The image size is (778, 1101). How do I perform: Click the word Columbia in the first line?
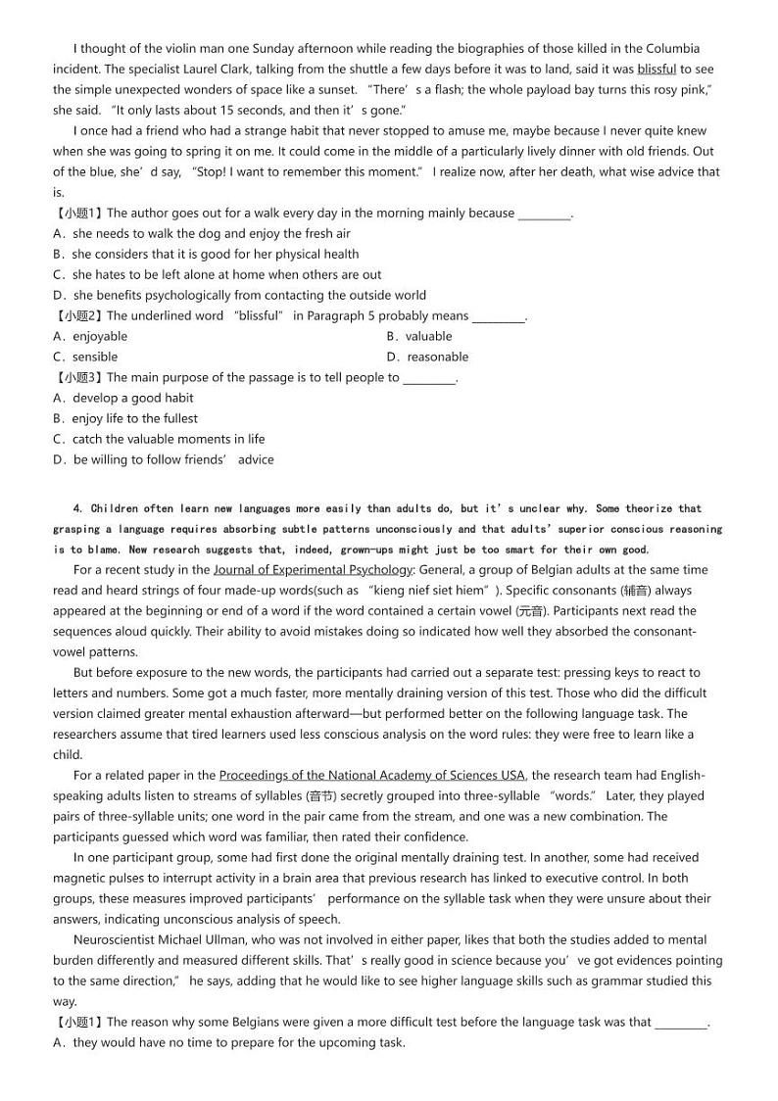675,48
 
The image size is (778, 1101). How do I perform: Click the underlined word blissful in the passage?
656,69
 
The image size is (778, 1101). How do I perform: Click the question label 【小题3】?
78,377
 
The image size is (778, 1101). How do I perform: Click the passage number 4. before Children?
78,508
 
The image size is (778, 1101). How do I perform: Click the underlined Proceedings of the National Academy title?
372,775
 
